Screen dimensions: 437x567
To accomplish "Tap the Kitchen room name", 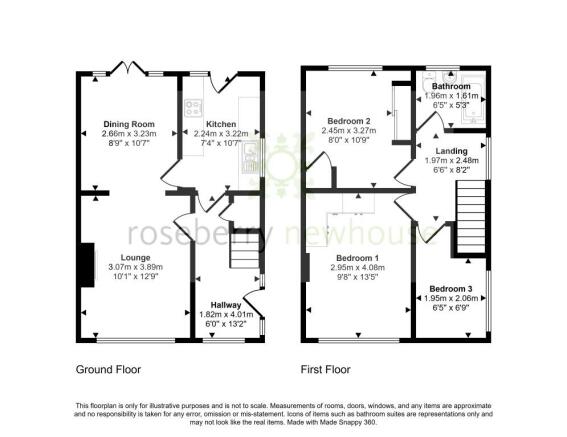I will (x=221, y=124).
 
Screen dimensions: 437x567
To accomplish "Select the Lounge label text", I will (x=137, y=257).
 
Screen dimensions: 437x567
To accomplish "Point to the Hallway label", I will (x=229, y=304).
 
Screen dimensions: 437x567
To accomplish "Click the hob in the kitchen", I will (x=191, y=111).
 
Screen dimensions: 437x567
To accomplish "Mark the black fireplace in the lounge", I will (x=87, y=264).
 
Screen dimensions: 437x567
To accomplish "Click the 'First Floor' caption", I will (x=326, y=369).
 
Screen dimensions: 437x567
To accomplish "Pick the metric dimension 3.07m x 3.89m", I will (x=137, y=268).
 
